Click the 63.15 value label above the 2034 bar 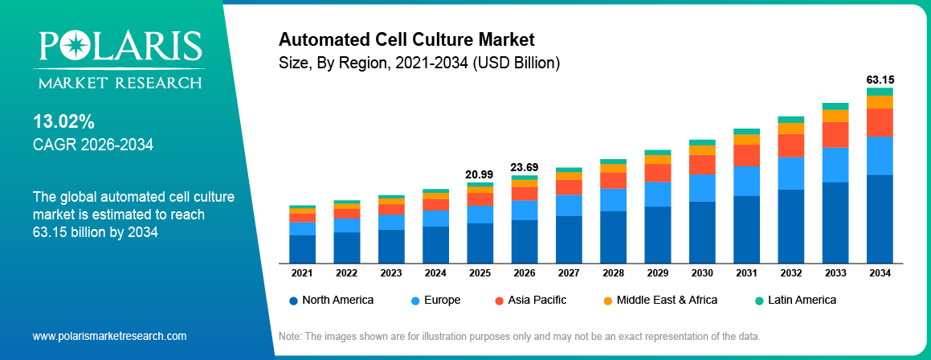tap(880, 80)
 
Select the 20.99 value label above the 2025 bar tap(480, 174)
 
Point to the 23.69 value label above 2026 tap(524, 167)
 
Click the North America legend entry tap(331, 300)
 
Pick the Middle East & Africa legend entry tap(659, 300)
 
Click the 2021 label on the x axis tap(302, 273)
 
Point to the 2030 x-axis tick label tap(702, 273)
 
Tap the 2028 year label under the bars tap(613, 273)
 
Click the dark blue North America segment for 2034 tap(880, 219)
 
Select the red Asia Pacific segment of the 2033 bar tap(835, 134)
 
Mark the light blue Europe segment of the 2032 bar tap(790, 173)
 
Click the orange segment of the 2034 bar tap(880, 102)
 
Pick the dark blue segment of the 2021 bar tap(302, 248)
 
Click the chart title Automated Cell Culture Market tap(406, 39)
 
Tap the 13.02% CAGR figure tap(63, 122)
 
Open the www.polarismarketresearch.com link tap(109, 336)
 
